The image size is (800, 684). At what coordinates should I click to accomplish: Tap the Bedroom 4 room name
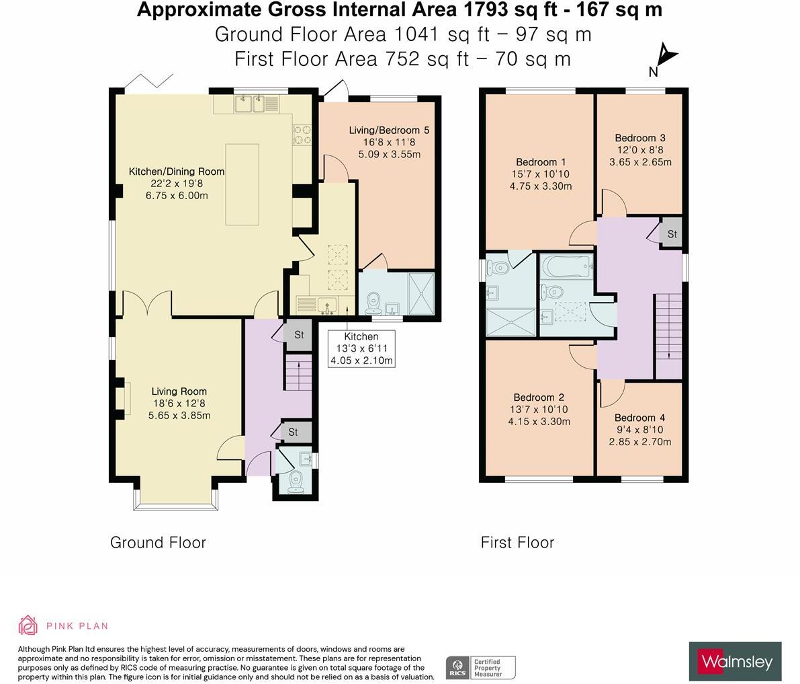pos(639,418)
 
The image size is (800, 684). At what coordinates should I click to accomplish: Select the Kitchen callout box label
pos(361,348)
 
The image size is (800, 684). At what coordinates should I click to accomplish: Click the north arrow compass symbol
pos(665,57)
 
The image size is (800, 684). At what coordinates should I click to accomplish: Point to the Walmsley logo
pos(736,662)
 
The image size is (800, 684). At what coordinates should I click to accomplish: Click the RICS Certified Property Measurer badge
pos(481,668)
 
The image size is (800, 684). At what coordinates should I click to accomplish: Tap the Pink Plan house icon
pos(28,625)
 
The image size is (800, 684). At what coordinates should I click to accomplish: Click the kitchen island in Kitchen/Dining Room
pos(242,184)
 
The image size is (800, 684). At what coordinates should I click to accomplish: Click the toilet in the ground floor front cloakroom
pos(296,482)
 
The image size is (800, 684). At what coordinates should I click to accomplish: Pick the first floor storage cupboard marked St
pos(672,234)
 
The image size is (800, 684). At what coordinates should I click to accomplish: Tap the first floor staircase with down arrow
pos(668,337)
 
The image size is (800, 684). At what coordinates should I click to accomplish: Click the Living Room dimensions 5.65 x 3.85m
pos(179,415)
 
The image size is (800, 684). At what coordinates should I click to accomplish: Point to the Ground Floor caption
pos(158,543)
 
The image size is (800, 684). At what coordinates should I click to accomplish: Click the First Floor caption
pos(517,543)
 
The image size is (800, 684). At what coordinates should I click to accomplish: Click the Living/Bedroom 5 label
pos(389,130)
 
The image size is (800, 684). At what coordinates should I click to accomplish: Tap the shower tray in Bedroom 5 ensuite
pos(421,294)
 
